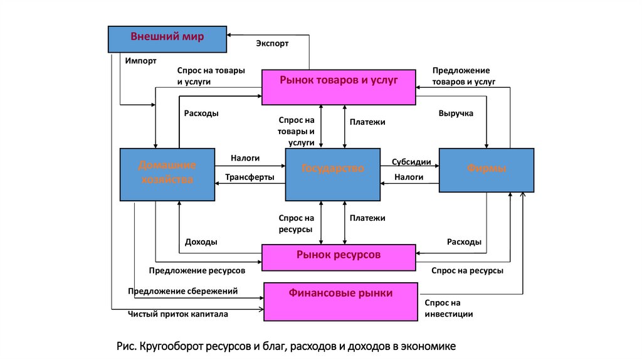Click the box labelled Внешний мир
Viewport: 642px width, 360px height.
pos(167,39)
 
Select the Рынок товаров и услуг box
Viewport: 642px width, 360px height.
pos(339,87)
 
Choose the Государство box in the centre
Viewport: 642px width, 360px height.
pos(332,174)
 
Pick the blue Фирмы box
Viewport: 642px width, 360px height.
pos(487,170)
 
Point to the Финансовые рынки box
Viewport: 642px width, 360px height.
pos(340,302)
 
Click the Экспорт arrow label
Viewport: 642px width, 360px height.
pos(272,43)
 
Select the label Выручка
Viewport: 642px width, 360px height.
pos(456,114)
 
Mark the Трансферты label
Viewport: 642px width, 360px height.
pos(250,177)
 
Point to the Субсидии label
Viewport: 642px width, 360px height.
pos(411,162)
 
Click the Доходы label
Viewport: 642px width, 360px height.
pos(201,242)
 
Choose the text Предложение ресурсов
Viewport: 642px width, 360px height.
pos(196,270)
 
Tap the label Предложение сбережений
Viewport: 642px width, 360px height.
pos(183,291)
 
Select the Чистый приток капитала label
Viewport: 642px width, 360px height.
pos(178,314)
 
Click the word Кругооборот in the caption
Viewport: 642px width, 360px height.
pos(174,346)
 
